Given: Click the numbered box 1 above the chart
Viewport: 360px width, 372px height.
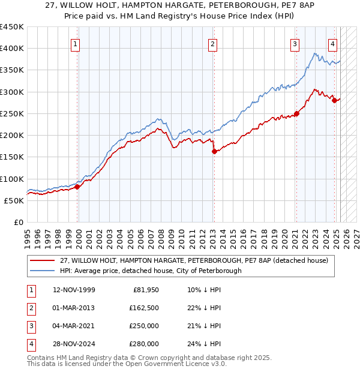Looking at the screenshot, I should [x=76, y=43].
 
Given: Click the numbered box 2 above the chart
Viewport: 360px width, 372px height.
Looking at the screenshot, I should [x=213, y=43].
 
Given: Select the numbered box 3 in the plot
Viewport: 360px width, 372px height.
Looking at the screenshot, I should [x=295, y=43].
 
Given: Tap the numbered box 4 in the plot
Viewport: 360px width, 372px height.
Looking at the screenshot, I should [x=332, y=43].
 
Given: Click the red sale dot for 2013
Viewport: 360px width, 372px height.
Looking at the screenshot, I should [x=214, y=152].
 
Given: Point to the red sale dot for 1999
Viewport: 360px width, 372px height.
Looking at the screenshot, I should [x=77, y=187].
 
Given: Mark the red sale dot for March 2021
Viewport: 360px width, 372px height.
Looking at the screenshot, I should [x=296, y=113].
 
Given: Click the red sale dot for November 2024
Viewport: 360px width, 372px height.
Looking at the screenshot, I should [x=335, y=100].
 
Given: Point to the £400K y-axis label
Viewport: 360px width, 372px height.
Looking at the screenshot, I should [x=12, y=49].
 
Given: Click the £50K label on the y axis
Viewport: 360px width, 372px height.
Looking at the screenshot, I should [x=14, y=200].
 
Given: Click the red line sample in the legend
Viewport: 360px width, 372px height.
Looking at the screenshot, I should [x=42, y=261].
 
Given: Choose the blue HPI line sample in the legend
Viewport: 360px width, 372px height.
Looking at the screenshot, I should [x=42, y=271].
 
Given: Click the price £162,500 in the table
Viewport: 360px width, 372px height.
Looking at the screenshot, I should [x=144, y=308].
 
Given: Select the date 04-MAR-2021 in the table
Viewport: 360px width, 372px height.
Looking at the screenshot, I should [x=74, y=326].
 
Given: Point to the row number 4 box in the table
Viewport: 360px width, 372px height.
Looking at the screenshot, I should [x=30, y=344].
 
